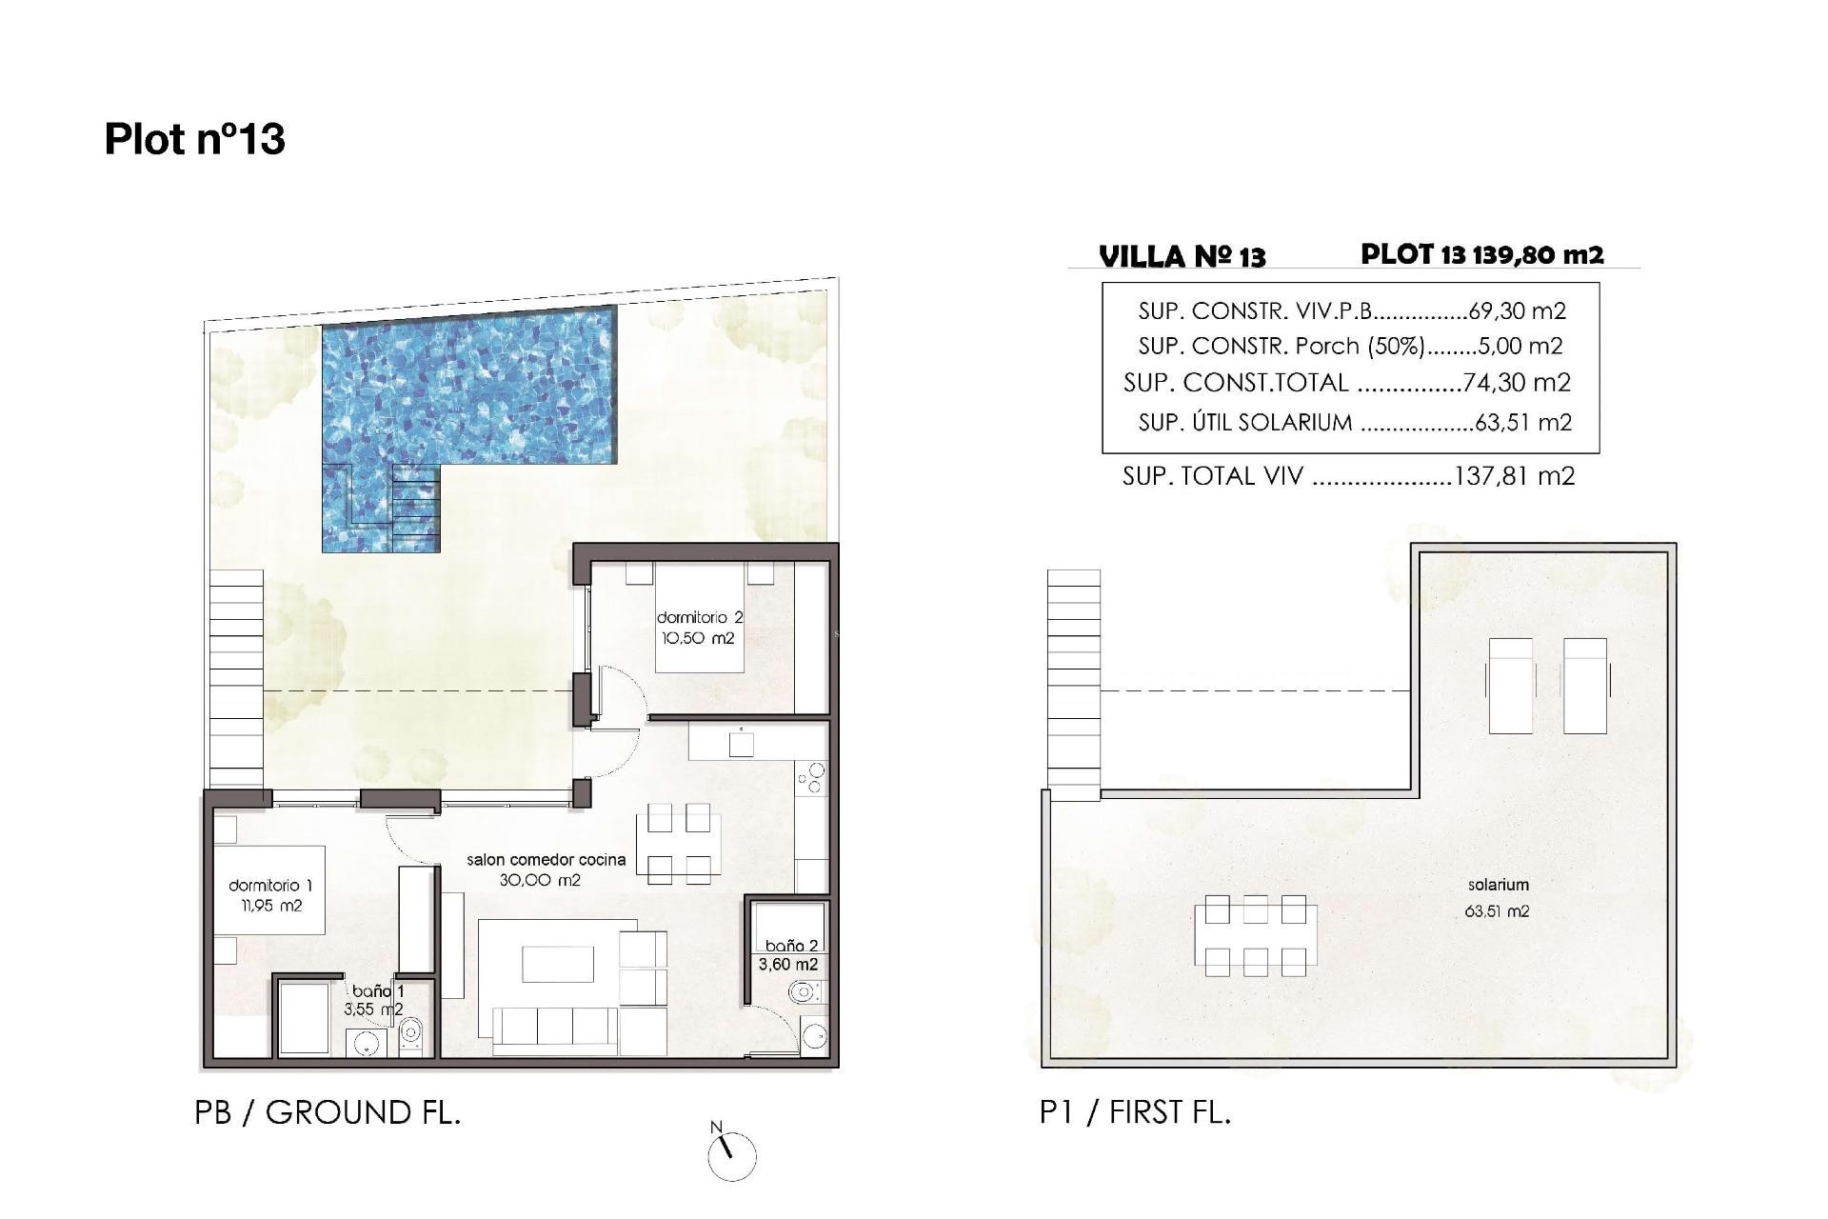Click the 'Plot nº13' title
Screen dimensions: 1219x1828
194,139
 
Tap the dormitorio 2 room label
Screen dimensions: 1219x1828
699,618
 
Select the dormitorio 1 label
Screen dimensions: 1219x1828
270,886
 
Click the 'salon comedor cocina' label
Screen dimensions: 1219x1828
546,859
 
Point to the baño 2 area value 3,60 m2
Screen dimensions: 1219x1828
787,964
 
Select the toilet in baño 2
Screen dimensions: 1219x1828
802,994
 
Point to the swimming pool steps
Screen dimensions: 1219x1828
416,505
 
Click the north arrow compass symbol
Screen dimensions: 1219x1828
731,1153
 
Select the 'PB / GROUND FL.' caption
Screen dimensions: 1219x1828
328,1112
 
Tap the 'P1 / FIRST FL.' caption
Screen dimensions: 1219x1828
1135,1112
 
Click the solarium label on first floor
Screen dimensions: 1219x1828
1498,885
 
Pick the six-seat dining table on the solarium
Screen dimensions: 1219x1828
1255,935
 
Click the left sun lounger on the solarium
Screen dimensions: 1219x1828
1510,685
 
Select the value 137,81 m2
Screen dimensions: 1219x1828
1514,476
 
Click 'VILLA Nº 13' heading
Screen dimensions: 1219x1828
1182,256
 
